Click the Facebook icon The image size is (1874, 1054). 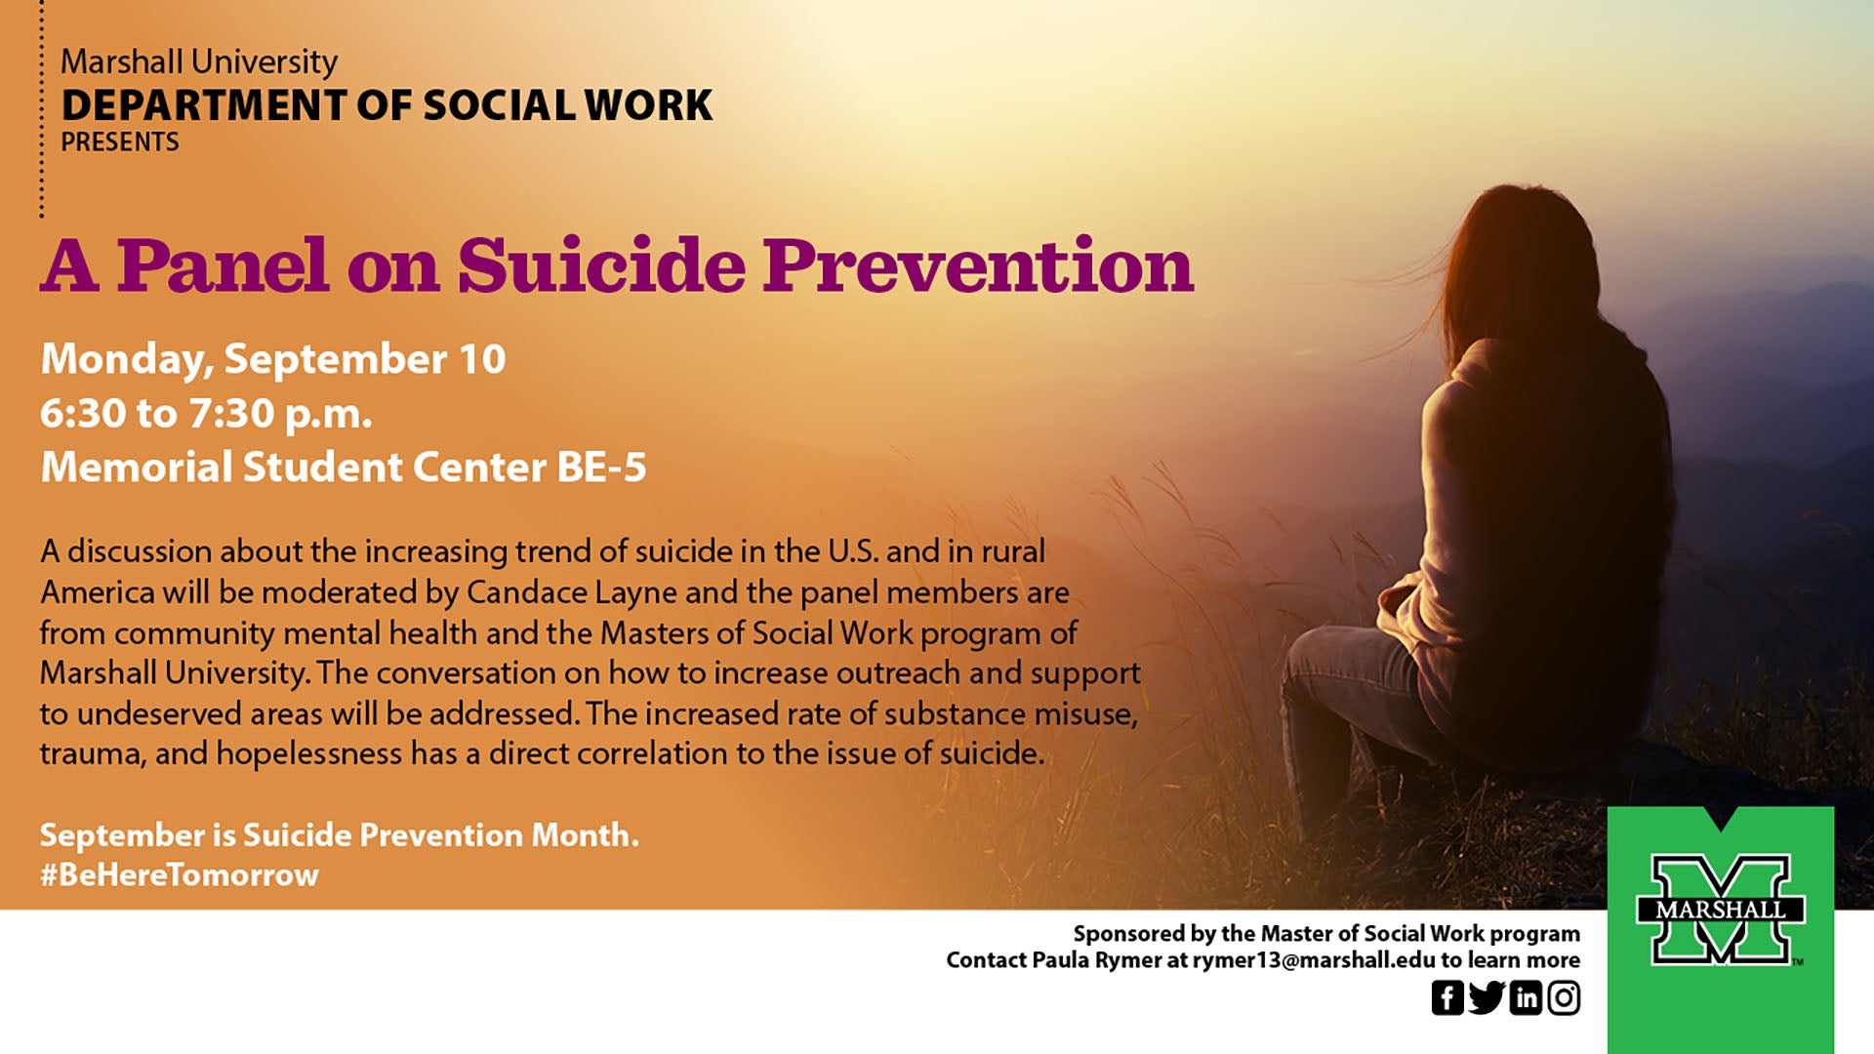point(1447,997)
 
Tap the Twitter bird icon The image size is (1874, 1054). point(1487,997)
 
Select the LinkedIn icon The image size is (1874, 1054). point(1526,997)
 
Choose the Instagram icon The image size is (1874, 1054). point(1564,997)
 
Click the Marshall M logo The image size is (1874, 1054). point(1721,910)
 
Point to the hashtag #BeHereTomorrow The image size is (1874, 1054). point(180,874)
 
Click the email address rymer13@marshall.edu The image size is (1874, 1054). point(1314,960)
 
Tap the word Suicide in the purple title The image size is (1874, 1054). point(601,265)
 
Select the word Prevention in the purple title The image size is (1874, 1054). point(978,265)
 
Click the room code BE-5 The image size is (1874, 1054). point(601,466)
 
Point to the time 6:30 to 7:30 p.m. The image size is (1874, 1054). point(206,414)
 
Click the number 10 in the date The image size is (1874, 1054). point(482,359)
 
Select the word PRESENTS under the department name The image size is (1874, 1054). point(120,142)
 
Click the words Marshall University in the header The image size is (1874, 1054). point(199,61)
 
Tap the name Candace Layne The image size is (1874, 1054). point(571,592)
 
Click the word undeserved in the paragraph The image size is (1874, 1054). point(160,713)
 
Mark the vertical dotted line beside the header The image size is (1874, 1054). point(42,108)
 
